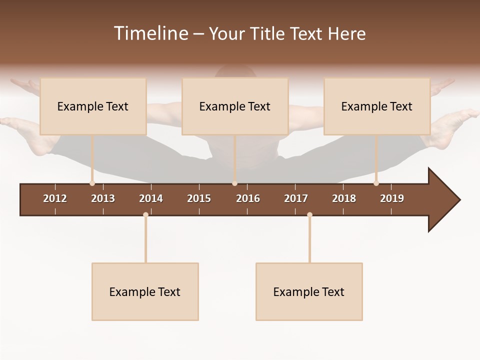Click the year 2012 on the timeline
click(55, 198)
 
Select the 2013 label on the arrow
click(103, 198)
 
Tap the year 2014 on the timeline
click(151, 198)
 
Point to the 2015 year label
click(199, 198)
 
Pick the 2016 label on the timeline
click(248, 198)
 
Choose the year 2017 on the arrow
click(296, 198)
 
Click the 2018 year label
click(344, 198)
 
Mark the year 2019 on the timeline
click(392, 198)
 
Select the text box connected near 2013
click(93, 106)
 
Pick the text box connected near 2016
click(235, 106)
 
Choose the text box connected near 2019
click(377, 106)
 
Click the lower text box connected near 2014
click(145, 292)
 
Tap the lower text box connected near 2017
click(309, 292)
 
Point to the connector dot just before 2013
click(92, 183)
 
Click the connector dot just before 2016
click(234, 183)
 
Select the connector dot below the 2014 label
click(145, 214)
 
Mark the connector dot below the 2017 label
click(309, 214)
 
